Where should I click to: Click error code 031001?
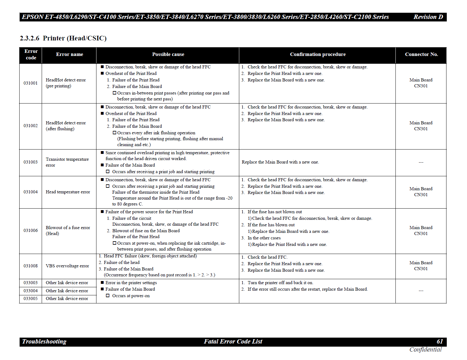coord(30,83)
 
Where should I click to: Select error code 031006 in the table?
coord(30,230)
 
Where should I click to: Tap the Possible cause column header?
coord(168,54)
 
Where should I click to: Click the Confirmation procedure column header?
coord(318,54)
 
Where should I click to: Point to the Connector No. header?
coord(421,54)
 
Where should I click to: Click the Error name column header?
coord(69,54)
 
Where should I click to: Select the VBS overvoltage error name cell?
coord(67,266)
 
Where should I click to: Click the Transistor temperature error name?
coord(67,162)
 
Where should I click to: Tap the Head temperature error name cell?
coord(68,192)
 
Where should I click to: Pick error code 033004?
coord(30,291)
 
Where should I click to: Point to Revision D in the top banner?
coord(428,17)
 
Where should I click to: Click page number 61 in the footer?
coord(440,341)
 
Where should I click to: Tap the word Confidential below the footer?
coord(425,349)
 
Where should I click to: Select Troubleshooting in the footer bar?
coord(44,341)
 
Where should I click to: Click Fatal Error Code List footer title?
coord(233,341)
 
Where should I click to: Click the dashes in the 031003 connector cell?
coord(421,162)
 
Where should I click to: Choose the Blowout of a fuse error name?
coord(68,230)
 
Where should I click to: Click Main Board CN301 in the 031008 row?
coord(421,266)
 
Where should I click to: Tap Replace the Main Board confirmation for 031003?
coord(280,162)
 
